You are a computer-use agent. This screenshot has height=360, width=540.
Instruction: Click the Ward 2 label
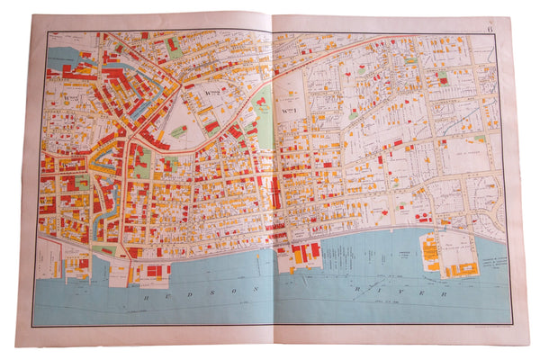coord(213,90)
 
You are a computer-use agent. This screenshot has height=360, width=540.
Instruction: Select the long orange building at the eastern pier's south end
coord(463,270)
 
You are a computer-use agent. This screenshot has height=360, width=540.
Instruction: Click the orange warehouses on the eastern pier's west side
coord(430,252)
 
